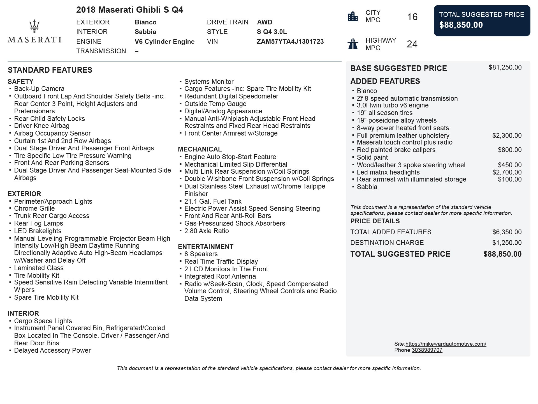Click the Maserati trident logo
[34, 26]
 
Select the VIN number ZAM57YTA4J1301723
[290, 42]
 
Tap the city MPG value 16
[412, 17]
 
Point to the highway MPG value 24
[412, 44]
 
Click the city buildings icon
[353, 16]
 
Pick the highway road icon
[353, 44]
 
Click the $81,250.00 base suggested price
[505, 67]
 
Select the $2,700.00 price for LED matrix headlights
[507, 172]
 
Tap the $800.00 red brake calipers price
[509, 150]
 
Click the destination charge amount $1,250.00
[507, 243]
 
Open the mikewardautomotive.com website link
[446, 344]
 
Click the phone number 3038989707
[427, 350]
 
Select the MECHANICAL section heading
[200, 149]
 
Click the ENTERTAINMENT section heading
[205, 247]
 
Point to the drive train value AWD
[265, 22]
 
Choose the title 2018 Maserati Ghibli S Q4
[129, 10]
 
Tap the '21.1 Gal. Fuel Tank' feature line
[213, 201]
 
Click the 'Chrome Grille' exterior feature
[34, 208]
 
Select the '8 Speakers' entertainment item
[201, 254]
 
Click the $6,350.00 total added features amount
[507, 232]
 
